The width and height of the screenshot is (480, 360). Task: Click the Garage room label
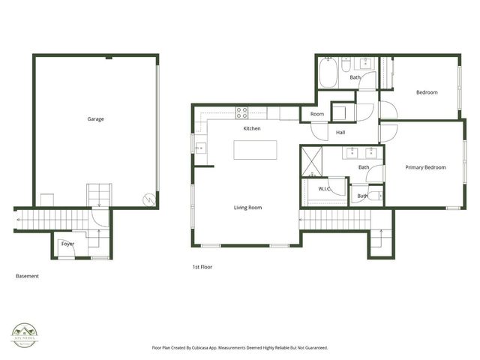(x=95, y=119)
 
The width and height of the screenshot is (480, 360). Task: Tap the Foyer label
(x=67, y=244)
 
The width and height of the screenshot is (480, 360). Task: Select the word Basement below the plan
(x=27, y=276)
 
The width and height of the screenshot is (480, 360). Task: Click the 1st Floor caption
(x=202, y=266)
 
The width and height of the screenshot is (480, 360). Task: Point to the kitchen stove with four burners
(x=242, y=113)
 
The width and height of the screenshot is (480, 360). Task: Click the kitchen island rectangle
(x=255, y=149)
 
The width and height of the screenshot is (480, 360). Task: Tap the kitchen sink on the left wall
(x=200, y=148)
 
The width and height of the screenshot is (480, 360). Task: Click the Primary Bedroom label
(x=425, y=167)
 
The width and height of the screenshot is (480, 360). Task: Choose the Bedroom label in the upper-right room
(x=427, y=92)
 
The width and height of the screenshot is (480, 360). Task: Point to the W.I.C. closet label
(x=325, y=188)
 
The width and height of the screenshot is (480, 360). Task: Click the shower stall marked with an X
(x=310, y=160)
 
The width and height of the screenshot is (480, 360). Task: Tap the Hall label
(x=340, y=133)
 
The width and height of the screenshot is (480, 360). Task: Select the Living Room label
(x=247, y=207)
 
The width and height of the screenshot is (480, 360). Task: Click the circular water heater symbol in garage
(x=149, y=199)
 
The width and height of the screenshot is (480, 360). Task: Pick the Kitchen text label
(x=252, y=129)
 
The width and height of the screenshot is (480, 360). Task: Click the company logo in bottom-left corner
(x=25, y=334)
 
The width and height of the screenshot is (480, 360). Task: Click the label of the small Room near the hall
(x=317, y=114)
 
